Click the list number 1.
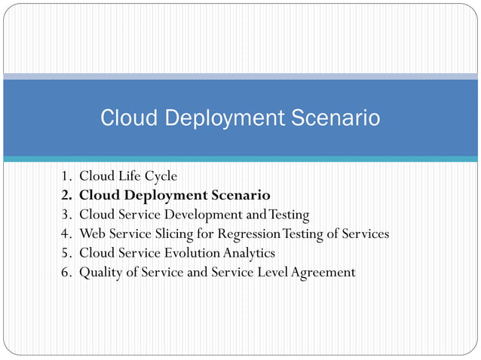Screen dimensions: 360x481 pos(66,176)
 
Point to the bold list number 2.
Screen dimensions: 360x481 pos(66,195)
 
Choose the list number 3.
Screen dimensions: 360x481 pos(66,215)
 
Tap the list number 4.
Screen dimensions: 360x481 pos(66,233)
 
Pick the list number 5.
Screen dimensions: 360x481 pos(66,253)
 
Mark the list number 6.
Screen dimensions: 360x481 pos(66,272)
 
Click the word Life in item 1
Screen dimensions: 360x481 pos(127,176)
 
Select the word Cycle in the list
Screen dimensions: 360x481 pos(160,176)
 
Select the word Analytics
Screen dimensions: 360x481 pos(249,253)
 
